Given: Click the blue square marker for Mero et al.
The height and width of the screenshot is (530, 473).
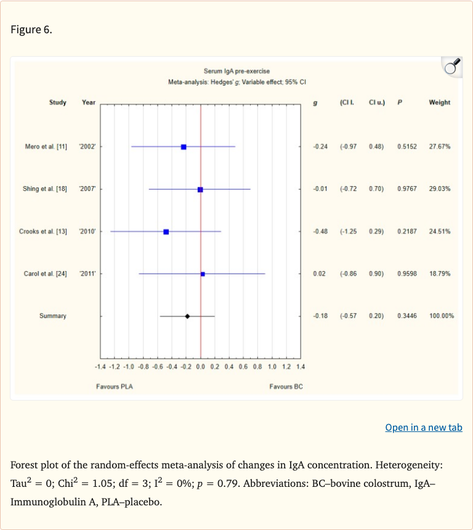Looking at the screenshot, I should click(x=184, y=147).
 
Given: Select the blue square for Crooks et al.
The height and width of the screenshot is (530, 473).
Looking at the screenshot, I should click(x=166, y=232).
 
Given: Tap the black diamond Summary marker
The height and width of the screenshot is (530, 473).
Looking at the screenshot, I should click(x=187, y=316).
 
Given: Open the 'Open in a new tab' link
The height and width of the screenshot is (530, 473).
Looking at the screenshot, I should click(x=424, y=427).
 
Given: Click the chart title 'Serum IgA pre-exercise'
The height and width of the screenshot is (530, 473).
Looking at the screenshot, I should click(x=236, y=71).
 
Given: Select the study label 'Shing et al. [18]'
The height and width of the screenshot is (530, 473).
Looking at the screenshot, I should click(x=45, y=189).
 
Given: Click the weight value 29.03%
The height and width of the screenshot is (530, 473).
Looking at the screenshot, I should click(x=440, y=189).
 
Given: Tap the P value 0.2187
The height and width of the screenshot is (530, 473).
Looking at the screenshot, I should click(x=407, y=232).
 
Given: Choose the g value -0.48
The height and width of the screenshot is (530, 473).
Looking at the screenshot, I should click(x=320, y=232).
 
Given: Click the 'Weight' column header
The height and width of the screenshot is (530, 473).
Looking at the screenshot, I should click(x=439, y=102).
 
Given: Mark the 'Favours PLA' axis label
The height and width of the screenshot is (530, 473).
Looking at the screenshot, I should click(x=115, y=386).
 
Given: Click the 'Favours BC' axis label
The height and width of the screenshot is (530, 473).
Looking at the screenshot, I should click(x=286, y=386).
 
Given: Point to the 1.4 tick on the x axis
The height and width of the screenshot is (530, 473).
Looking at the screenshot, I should click(x=301, y=367).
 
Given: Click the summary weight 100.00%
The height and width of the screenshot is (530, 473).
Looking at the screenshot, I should click(x=442, y=316).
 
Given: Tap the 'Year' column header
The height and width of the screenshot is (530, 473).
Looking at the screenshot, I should click(x=89, y=102).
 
